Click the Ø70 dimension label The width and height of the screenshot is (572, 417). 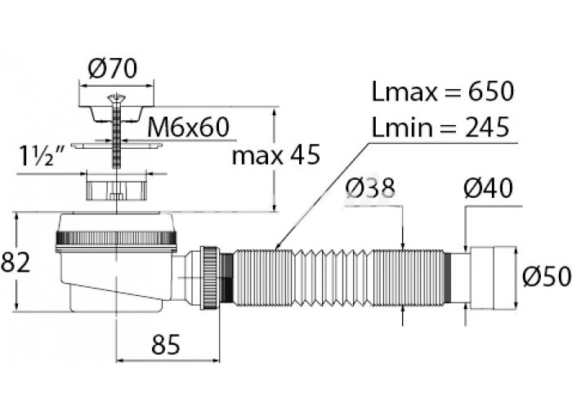[117, 70]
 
